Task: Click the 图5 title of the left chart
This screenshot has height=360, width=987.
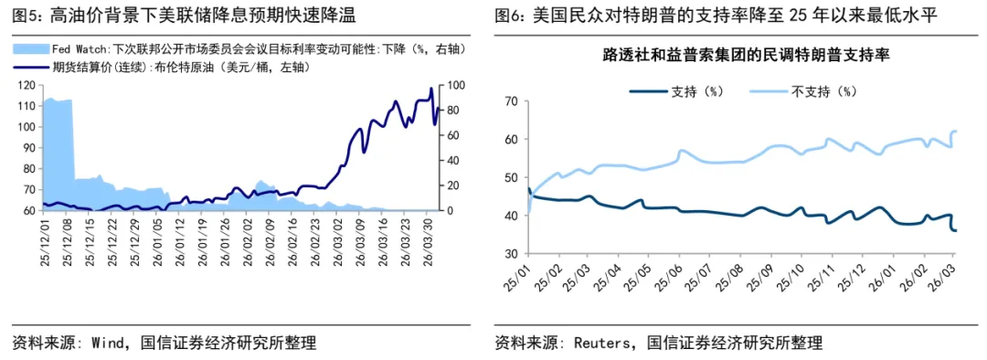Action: point(183,16)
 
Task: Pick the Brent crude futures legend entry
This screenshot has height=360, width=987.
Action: point(161,67)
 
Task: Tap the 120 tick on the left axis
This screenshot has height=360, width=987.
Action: point(27,85)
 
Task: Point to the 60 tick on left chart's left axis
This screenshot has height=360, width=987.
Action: point(28,210)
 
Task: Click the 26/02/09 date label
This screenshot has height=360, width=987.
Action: point(271,240)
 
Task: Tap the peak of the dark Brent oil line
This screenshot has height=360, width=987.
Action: point(431,89)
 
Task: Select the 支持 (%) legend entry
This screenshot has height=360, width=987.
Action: point(677,90)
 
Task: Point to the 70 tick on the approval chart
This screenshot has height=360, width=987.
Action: point(511,101)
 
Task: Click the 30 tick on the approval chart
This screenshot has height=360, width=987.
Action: point(511,253)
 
